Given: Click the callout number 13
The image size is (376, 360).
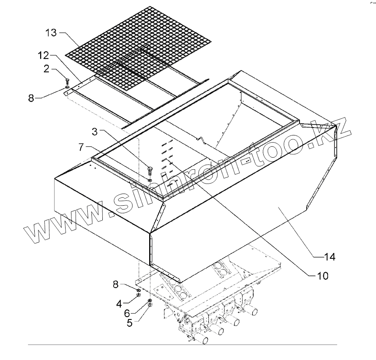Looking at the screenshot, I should coord(51,33).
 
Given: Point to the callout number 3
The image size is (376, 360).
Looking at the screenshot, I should coord(95,132).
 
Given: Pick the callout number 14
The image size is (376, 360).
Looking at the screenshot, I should coord(330,256).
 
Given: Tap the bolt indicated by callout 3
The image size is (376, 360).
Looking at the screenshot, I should coord(150,170).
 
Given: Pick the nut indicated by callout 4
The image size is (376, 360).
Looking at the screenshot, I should coord(138,296).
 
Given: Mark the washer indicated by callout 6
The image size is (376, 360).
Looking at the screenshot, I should coord(149,301).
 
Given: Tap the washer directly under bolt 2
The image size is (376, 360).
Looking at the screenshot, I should coord(68,88).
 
